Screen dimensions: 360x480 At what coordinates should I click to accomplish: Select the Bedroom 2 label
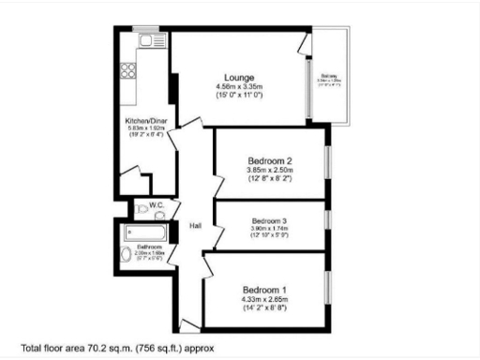270,161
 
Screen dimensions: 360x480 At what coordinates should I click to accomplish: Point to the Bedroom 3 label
269,221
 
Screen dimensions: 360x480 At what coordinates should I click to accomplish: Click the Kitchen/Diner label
147,122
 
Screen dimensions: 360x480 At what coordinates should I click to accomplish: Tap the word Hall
195,226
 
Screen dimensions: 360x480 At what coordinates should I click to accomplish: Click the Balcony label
328,76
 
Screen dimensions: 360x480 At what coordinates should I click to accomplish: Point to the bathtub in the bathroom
145,231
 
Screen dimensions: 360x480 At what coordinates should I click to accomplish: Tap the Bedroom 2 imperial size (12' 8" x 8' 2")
270,179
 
